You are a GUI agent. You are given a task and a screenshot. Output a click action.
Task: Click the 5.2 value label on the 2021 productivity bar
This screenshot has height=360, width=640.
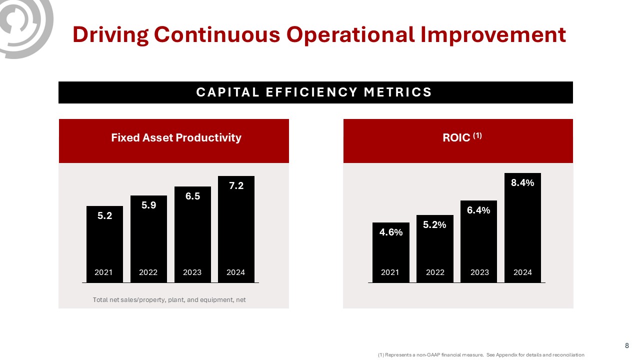[x=104, y=216]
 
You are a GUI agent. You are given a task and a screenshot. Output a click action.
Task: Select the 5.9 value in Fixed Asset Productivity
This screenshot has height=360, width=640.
[x=148, y=205]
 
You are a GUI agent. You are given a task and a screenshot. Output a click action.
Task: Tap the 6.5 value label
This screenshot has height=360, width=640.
[x=192, y=196]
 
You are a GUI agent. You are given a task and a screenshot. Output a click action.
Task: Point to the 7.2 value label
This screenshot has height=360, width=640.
[x=236, y=186]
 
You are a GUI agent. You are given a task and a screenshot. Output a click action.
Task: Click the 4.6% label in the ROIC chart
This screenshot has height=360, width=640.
[x=391, y=231]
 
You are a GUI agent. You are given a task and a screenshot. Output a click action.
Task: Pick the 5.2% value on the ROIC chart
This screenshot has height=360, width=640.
[x=434, y=225]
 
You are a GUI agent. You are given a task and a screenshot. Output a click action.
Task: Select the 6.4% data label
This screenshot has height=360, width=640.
[x=478, y=210]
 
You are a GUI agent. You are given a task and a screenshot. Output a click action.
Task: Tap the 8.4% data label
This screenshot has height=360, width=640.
[x=522, y=183]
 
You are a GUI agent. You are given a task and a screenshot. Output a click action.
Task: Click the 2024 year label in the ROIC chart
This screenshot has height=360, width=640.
[x=522, y=272]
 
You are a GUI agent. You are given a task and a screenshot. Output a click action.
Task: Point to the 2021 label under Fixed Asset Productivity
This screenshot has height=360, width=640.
[x=103, y=272]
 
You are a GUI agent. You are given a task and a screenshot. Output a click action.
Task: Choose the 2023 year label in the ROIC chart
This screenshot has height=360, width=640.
[x=479, y=272]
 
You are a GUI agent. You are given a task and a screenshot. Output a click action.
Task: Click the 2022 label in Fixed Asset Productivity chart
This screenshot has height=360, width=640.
[x=148, y=272]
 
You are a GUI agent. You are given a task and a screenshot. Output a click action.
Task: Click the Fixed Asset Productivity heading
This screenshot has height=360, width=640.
[x=176, y=138]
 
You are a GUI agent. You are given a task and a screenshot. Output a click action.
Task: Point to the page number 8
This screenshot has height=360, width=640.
[x=627, y=345]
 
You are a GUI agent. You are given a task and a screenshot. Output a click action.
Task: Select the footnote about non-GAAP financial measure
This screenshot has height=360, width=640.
[x=481, y=355]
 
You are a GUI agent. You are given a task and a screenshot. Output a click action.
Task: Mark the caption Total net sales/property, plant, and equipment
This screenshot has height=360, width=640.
[x=169, y=300]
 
